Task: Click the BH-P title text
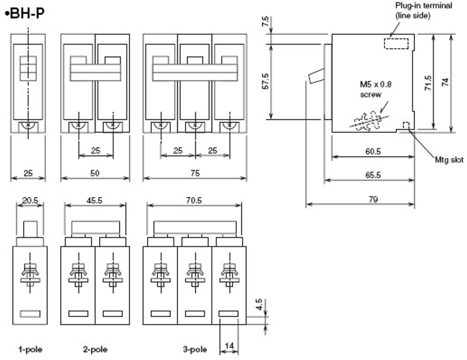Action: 25,14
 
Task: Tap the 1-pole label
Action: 30,349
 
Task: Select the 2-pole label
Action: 95,349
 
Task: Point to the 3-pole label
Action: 195,349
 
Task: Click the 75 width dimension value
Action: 195,173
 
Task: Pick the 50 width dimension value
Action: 95,173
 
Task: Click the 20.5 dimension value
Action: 30,201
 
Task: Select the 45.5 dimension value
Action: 94,201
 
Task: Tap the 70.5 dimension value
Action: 194,201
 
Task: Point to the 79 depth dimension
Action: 373,199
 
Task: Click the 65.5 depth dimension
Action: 373,175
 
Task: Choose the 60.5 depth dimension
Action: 373,151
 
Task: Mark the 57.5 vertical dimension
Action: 265,81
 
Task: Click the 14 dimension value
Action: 229,346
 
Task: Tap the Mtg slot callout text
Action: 449,159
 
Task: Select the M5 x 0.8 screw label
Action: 375,89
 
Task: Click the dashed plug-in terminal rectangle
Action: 396,44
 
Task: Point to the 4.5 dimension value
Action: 258,305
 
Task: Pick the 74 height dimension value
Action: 445,82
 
